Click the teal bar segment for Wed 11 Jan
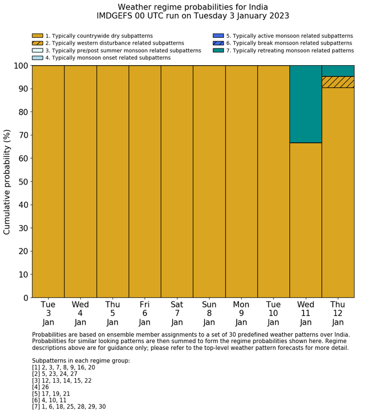(305, 104)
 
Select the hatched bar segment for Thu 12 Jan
(338, 82)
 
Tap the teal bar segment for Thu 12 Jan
(338, 71)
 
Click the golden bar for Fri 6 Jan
(145, 182)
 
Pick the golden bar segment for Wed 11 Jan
(305, 220)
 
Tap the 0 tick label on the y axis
(25, 298)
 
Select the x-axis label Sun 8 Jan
(209, 314)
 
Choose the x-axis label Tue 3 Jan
(48, 314)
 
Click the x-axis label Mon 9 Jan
(241, 314)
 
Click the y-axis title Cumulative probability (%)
(7, 182)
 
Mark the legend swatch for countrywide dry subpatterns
(37, 36)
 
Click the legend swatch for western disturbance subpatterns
(37, 43)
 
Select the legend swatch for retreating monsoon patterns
(218, 50)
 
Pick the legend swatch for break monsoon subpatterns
(218, 43)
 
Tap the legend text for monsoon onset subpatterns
(108, 57)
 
